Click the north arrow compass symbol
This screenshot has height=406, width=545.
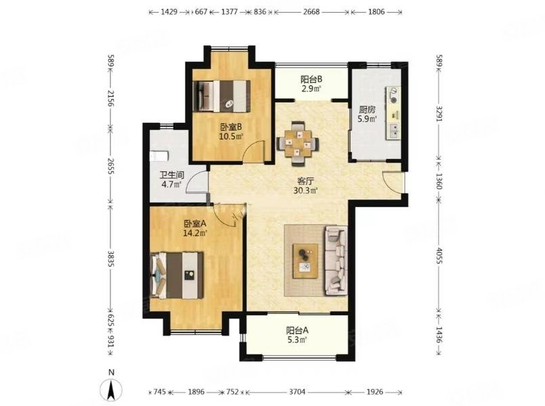pos(111,390)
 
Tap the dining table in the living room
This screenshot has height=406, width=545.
pos(298,143)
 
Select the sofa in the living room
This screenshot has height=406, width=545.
pos(336,261)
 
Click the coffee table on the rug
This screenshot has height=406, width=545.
pos(305,261)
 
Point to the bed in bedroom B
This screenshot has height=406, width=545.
pos(221,96)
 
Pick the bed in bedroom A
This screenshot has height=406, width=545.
pos(177,275)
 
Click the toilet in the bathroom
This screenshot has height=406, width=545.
pos(159,156)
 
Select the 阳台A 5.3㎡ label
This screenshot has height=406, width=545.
pos(297,335)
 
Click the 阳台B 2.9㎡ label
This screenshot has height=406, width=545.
pos(311,84)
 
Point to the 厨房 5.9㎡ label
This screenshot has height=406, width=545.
pos(368,114)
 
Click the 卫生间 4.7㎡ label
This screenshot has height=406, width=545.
pos(172,180)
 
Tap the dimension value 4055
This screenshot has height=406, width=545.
pos(439,256)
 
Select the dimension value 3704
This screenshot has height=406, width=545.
pos(297,392)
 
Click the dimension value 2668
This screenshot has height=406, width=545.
pos(311,12)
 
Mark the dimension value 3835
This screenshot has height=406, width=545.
pos(110,258)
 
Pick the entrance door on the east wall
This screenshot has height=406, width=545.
pos(394,181)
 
